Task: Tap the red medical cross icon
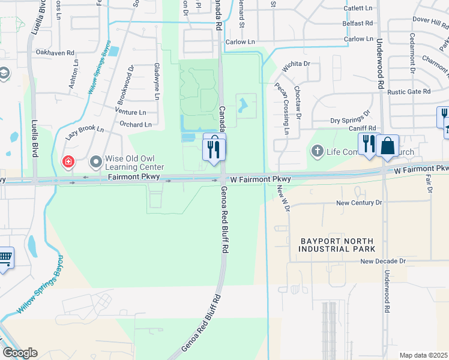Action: tap(68, 161)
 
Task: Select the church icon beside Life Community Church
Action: tap(317, 151)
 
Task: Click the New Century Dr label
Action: tap(359, 203)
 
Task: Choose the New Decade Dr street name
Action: tap(383, 262)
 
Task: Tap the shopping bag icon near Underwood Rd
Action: tap(388, 146)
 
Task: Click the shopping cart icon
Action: tap(5, 258)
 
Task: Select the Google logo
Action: tap(20, 353)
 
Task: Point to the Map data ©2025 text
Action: tap(423, 355)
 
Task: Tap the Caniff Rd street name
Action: tap(363, 128)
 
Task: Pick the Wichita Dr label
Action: tap(295, 63)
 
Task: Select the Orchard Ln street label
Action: tap(136, 125)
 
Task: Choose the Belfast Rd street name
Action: tap(358, 23)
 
